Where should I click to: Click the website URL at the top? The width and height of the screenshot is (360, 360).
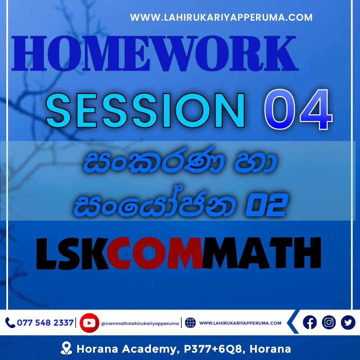221,17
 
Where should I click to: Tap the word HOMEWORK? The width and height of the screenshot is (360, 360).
155,53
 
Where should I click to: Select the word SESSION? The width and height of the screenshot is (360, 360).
145,110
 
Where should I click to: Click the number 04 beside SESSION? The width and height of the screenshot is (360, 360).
298,109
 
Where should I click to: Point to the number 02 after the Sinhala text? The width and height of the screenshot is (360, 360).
267,205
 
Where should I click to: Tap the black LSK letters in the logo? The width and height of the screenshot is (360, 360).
72,253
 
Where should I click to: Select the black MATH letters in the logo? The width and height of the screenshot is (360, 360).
261,253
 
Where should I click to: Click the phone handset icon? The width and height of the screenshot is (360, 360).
10,323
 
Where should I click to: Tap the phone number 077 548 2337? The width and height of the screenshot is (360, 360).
45,323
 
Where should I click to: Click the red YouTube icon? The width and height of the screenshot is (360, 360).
89,323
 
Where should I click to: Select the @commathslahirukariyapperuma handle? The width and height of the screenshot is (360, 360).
140,323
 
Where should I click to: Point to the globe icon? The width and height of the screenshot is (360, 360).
190,323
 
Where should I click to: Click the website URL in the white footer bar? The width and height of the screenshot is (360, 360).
240,323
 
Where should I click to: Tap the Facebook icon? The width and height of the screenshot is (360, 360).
310,322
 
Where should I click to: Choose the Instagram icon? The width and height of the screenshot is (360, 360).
329,322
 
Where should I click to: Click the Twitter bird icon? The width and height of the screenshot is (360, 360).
348,322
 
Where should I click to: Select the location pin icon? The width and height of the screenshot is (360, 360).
66,348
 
